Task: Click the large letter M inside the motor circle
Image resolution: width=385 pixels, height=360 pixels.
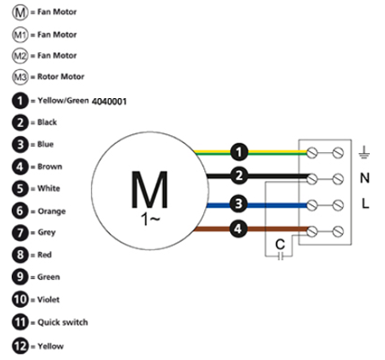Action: pyautogui.click(x=149, y=189)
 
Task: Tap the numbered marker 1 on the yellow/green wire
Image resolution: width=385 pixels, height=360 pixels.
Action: pyautogui.click(x=239, y=152)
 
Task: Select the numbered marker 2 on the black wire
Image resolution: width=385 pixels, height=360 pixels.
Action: pyautogui.click(x=239, y=175)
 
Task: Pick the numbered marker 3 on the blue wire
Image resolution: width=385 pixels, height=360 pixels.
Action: pyautogui.click(x=238, y=204)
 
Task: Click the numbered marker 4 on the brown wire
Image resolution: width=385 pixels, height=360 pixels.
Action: pyautogui.click(x=238, y=229)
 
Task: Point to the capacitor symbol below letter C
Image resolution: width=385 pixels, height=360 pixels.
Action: pyautogui.click(x=281, y=256)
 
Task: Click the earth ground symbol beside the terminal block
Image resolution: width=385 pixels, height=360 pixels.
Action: pyautogui.click(x=364, y=152)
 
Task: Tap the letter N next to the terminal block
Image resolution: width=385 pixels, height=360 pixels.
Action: pyautogui.click(x=364, y=178)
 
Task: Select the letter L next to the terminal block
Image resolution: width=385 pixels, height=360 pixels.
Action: pyautogui.click(x=365, y=204)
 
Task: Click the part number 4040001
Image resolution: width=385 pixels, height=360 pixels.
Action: pyautogui.click(x=109, y=102)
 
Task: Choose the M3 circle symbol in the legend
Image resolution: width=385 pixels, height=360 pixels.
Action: pyautogui.click(x=20, y=77)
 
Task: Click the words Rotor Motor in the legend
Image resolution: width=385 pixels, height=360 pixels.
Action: pyautogui.click(x=60, y=76)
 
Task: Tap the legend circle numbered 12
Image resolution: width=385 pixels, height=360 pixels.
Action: pyautogui.click(x=20, y=346)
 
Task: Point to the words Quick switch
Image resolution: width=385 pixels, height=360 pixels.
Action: pyautogui.click(x=63, y=322)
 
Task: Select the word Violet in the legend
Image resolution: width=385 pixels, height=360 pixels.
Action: pyautogui.click(x=49, y=300)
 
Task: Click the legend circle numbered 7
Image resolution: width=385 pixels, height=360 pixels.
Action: pyautogui.click(x=20, y=233)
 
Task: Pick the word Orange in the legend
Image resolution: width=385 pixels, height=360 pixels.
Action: pyautogui.click(x=51, y=211)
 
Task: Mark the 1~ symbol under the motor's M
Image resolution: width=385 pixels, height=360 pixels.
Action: pyautogui.click(x=150, y=220)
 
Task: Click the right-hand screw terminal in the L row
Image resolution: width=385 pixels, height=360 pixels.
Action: pyautogui.click(x=338, y=205)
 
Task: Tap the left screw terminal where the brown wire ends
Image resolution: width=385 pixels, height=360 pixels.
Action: pyautogui.click(x=312, y=231)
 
